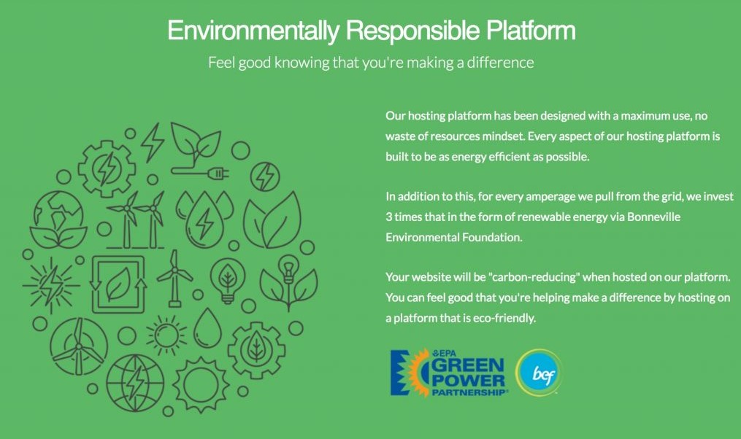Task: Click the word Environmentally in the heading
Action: pos(253,31)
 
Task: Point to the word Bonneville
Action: pos(653,217)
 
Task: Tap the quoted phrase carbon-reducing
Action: pos(534,277)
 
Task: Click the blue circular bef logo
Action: pos(539,373)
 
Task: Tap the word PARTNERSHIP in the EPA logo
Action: pos(469,393)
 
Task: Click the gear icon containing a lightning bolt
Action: pos(107,168)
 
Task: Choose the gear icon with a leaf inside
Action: pos(256,350)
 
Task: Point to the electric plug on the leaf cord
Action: pos(218,174)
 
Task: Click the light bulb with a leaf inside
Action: pos(228,281)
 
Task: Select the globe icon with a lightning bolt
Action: pos(135,383)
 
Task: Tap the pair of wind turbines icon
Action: pos(136,219)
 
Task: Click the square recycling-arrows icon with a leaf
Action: pos(118,284)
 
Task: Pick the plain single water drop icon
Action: pos(208,329)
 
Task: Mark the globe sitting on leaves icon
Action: pos(58,219)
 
